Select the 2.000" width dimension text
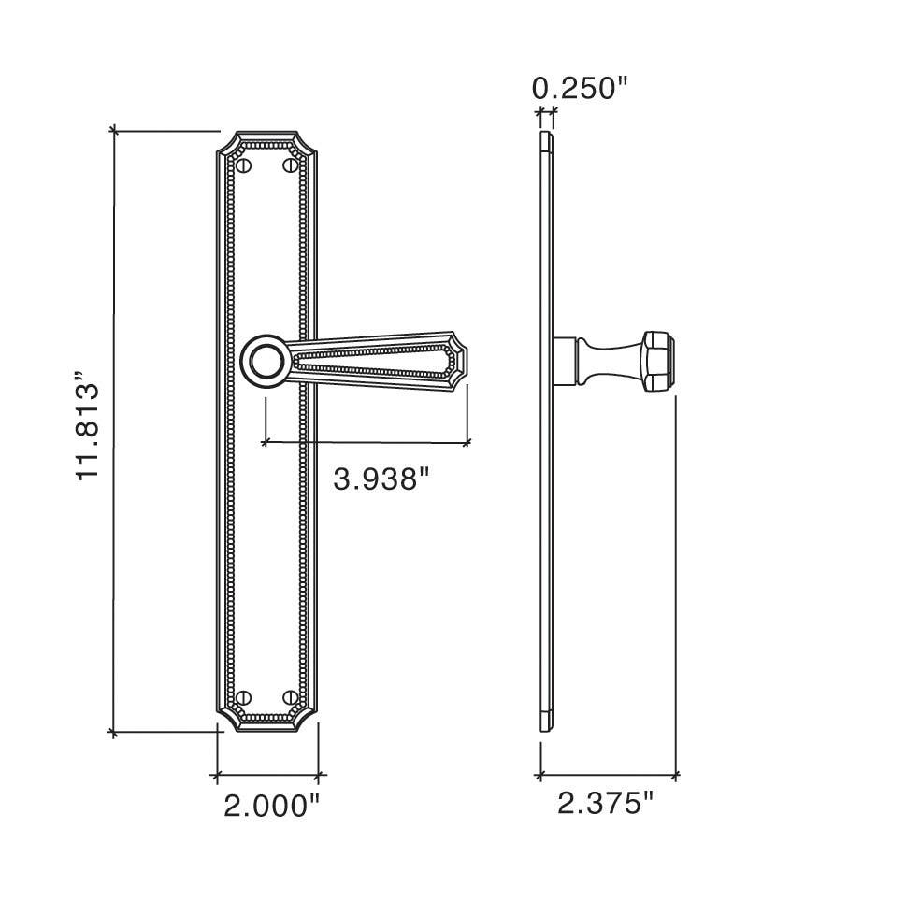tap(272, 805)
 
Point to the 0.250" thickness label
tap(580, 89)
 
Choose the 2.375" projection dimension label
tap(606, 803)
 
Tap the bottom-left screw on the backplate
tap(246, 697)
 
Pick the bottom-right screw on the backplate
tap(290, 697)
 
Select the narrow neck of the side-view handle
tap(598, 361)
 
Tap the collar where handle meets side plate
tap(565, 361)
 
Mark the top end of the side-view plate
tap(547, 138)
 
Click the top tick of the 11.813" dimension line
tap(114, 130)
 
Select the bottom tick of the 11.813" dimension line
tap(114, 733)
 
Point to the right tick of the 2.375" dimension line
tap(675, 775)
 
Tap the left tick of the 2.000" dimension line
tap(217, 775)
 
